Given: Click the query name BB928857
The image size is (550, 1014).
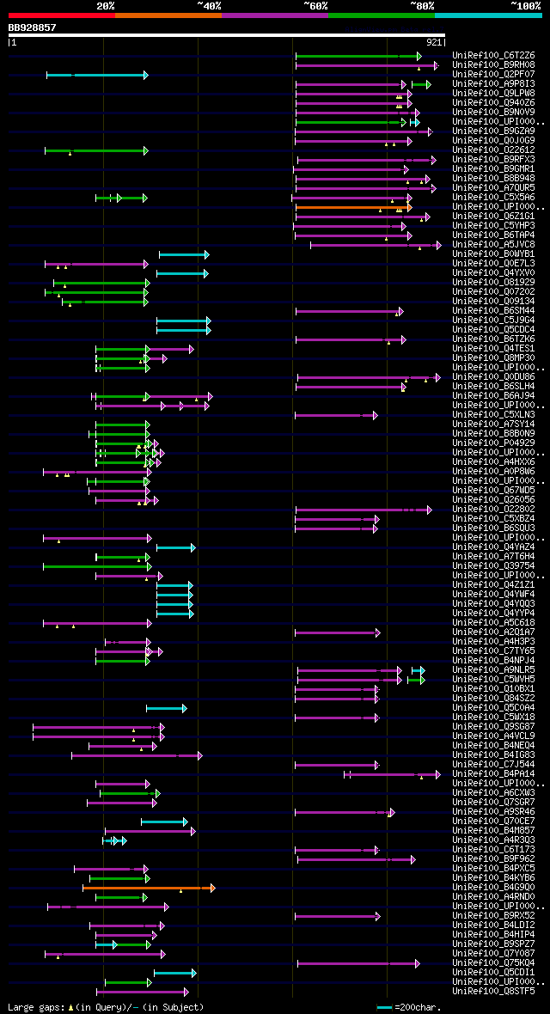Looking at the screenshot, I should click(32, 27).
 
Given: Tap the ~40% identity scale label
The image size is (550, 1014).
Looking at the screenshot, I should click(209, 5).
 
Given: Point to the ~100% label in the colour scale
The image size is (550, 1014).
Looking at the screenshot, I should click(525, 5).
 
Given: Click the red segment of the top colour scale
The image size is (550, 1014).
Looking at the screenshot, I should click(61, 15).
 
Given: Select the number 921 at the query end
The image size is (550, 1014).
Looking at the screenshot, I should click(434, 41).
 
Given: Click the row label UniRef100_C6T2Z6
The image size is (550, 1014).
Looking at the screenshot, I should click(493, 56).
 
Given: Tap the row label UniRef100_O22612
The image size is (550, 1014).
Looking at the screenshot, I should click(493, 150).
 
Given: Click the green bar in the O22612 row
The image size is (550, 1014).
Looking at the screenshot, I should click(95, 150).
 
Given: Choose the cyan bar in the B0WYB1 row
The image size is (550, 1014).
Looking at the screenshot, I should click(183, 254).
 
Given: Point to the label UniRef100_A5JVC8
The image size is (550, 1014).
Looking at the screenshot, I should click(493, 245).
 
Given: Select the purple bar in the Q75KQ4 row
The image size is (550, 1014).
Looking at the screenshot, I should click(357, 963).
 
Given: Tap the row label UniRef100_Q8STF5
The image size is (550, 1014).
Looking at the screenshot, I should click(493, 991).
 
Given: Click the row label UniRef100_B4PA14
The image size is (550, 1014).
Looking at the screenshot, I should click(493, 774).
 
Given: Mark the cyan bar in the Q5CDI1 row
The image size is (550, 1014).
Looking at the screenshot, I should click(174, 973).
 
